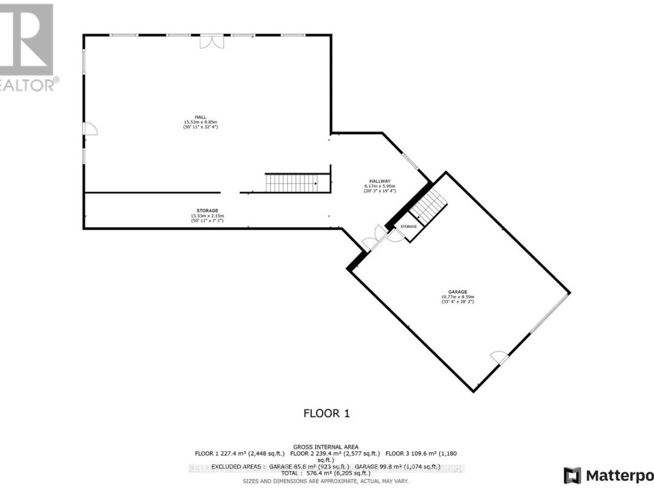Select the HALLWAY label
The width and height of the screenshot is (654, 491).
(x=381, y=181)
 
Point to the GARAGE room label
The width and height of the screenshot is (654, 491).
(x=458, y=292)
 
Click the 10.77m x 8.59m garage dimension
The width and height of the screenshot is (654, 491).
(x=458, y=296)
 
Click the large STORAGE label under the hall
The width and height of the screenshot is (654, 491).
(x=207, y=210)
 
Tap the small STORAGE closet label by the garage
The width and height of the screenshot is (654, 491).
(x=409, y=226)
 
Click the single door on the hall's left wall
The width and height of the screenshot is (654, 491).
(x=89, y=128)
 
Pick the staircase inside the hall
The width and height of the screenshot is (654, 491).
(x=291, y=182)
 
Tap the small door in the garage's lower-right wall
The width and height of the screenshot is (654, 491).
(x=501, y=358)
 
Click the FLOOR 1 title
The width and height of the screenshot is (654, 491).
(x=327, y=413)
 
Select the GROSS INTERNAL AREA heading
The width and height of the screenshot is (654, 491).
(x=327, y=446)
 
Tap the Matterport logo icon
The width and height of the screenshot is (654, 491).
(x=572, y=475)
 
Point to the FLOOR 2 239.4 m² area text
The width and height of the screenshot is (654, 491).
(x=336, y=453)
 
